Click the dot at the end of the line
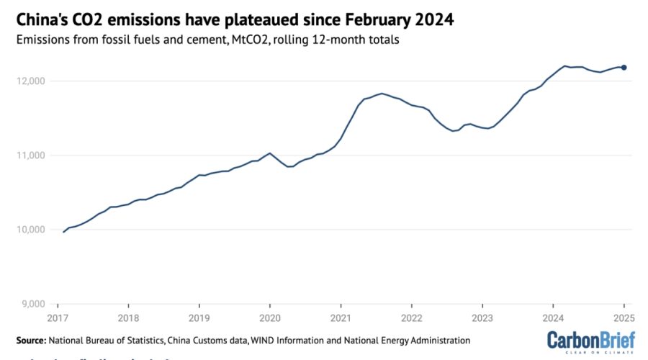pyautogui.click(x=624, y=68)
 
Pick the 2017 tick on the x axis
pyautogui.click(x=58, y=318)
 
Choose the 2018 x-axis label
pyautogui.click(x=128, y=318)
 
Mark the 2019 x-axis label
pyautogui.click(x=199, y=318)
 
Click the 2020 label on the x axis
pyautogui.click(x=269, y=318)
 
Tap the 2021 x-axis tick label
pyautogui.click(x=341, y=318)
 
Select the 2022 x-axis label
pyautogui.click(x=411, y=318)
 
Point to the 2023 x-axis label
pyautogui.click(x=482, y=318)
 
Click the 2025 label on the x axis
pyautogui.click(x=623, y=318)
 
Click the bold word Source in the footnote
pyautogui.click(x=30, y=340)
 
